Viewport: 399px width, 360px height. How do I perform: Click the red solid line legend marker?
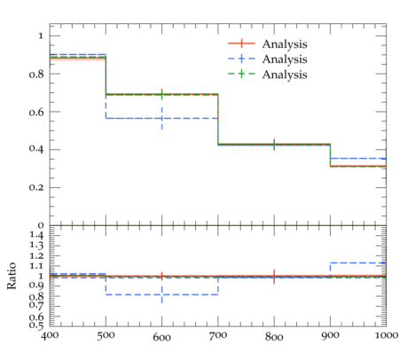[x=241, y=43]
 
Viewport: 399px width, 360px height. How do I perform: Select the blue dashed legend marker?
[x=241, y=59]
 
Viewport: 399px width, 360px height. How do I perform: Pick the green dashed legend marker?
[x=241, y=74]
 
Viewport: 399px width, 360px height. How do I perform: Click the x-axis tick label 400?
[x=50, y=336]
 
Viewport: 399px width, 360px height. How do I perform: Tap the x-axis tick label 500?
[x=106, y=336]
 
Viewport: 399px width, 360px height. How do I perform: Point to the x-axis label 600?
[x=161, y=337]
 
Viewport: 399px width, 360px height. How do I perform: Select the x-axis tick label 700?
[x=218, y=336]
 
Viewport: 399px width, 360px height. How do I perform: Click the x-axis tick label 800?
[x=274, y=336]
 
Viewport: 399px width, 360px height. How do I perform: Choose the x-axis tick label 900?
[x=330, y=336]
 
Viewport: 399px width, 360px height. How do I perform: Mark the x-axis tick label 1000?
[x=387, y=335]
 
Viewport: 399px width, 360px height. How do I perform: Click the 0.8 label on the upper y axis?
[x=36, y=74]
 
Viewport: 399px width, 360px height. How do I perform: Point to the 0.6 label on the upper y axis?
[x=36, y=112]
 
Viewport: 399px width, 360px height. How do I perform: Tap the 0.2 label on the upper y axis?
[x=36, y=188]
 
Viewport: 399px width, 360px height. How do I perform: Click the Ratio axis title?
[x=12, y=276]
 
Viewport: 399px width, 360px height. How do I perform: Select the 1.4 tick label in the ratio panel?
[x=36, y=235]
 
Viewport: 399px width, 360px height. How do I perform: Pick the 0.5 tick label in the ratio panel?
[x=36, y=325]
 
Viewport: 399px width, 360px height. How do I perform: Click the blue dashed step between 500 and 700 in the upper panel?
[x=162, y=118]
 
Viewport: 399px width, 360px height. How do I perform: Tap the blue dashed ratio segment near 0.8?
[x=162, y=294]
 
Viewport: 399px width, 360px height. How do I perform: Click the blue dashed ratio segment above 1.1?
[x=358, y=262]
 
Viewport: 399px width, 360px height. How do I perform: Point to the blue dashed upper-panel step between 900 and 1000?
[x=358, y=159]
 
